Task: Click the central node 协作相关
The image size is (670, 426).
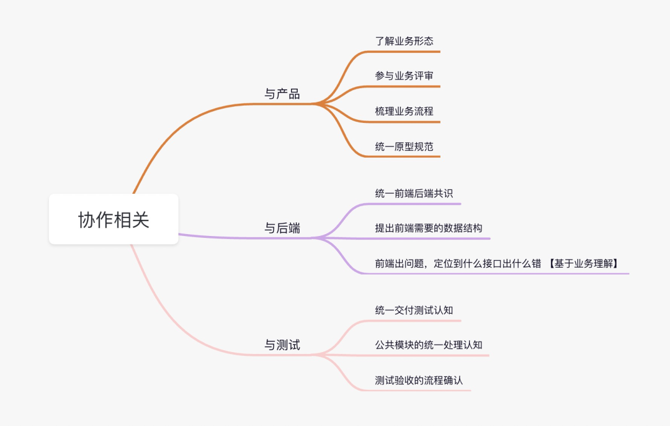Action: pos(114,219)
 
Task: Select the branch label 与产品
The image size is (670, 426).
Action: pos(282,94)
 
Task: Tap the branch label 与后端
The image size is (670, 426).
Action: pos(282,228)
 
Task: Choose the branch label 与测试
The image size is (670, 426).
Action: pos(282,345)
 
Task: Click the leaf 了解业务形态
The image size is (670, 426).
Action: pos(404,42)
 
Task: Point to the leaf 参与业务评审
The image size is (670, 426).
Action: pos(404,76)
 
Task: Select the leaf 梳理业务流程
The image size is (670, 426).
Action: pos(404,111)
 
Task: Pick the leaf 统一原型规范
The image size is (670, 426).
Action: pos(404,147)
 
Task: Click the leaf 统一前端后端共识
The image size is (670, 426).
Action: pos(414,193)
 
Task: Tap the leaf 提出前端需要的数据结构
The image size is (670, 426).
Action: pos(428,228)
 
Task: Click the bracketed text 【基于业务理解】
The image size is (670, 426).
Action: pos(584,263)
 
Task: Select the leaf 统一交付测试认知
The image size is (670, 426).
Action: pos(414,310)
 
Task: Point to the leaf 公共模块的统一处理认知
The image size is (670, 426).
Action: pos(428,345)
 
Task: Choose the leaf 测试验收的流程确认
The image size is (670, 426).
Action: pos(419,380)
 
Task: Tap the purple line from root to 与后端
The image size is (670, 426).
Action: pos(236,237)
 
